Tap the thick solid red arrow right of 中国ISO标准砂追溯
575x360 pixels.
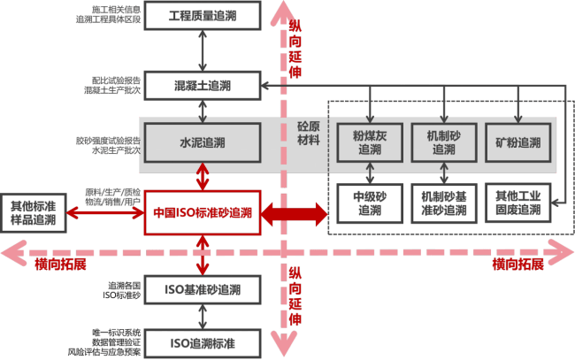[293, 213]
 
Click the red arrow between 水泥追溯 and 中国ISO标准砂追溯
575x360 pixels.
[203, 176]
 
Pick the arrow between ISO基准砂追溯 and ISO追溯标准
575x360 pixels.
[203, 316]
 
